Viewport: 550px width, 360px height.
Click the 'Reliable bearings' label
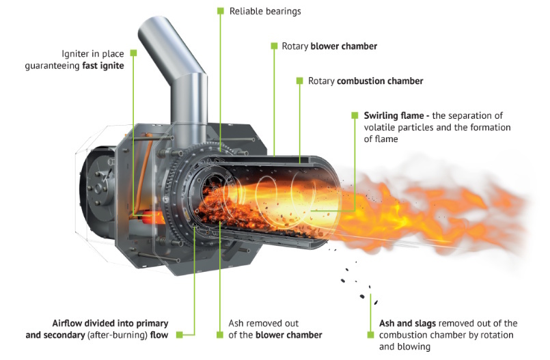265,12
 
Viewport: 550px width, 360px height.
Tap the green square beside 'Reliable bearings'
220,11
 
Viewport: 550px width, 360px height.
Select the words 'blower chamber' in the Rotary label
344,46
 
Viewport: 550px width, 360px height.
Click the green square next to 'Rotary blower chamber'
274,46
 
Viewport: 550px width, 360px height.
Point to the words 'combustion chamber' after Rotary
380,81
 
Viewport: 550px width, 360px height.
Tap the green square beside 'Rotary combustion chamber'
299,81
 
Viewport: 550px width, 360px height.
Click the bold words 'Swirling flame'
394,115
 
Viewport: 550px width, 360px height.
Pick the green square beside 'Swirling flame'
355,115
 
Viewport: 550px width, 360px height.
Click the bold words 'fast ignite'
103,66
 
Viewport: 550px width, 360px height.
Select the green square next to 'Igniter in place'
133,53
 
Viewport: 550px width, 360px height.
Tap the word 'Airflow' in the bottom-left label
67,323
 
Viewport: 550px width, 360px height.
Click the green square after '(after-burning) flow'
180,335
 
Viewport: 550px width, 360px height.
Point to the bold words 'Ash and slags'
408,324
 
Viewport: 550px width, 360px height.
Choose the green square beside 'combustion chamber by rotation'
370,335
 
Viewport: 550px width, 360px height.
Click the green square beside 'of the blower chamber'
220,335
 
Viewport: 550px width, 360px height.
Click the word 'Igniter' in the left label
75,54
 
